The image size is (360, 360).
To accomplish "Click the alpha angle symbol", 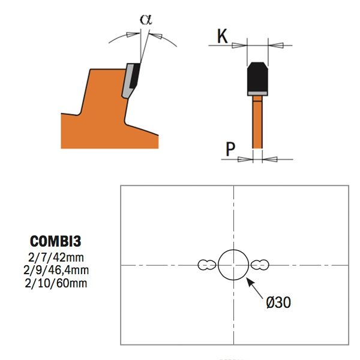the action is click(146, 19).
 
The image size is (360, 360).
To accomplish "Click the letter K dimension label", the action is click(222, 36).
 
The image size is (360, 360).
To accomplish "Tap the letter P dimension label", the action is click(230, 149).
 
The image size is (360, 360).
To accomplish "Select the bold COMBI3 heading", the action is click(56, 241).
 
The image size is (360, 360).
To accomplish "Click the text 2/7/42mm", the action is click(56, 257).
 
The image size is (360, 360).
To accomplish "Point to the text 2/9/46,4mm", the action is click(56, 270).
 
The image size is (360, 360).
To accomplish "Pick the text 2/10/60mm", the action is click(56, 283).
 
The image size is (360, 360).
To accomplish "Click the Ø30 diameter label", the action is click(278, 302).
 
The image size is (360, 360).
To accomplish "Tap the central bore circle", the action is click(233, 250).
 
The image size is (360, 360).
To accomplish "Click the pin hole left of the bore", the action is click(206, 265).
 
